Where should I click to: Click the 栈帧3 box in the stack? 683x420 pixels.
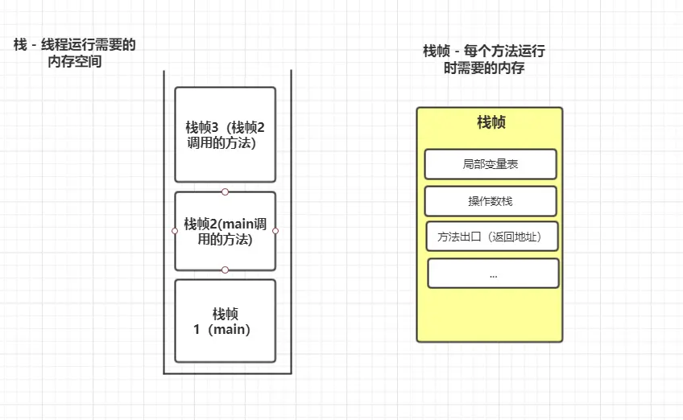[225, 134]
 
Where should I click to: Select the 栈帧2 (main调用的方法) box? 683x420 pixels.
[225, 231]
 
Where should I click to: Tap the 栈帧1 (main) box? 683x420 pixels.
[225, 321]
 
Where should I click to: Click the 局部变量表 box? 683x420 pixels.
[491, 164]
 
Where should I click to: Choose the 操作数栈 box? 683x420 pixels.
[491, 201]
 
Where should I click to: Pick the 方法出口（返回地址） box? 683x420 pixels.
[492, 237]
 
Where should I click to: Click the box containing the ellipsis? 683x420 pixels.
[493, 274]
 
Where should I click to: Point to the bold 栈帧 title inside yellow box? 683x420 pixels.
[491, 122]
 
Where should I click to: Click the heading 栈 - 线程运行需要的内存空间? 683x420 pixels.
[74, 53]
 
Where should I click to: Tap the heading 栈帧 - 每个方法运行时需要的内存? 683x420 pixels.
[484, 60]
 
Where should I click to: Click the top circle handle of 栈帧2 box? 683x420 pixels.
[226, 191]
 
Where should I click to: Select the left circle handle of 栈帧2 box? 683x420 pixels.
[175, 231]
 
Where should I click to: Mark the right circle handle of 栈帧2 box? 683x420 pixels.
[275, 231]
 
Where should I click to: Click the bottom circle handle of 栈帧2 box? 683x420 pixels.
[226, 270]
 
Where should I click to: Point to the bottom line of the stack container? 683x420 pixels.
[226, 373]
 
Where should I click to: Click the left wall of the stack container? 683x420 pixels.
[164, 225]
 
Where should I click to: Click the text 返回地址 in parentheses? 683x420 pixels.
[515, 237]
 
